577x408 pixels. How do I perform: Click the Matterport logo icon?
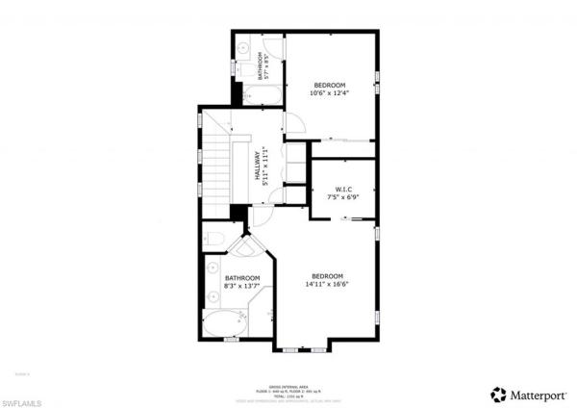pyautogui.click(x=497, y=393)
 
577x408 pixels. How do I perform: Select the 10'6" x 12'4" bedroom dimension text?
pyautogui.click(x=329, y=93)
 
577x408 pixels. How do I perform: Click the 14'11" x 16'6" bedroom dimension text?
pyautogui.click(x=327, y=284)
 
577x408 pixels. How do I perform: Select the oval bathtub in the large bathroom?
pyautogui.click(x=225, y=324)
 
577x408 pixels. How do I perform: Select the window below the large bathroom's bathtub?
pyautogui.click(x=231, y=341)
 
